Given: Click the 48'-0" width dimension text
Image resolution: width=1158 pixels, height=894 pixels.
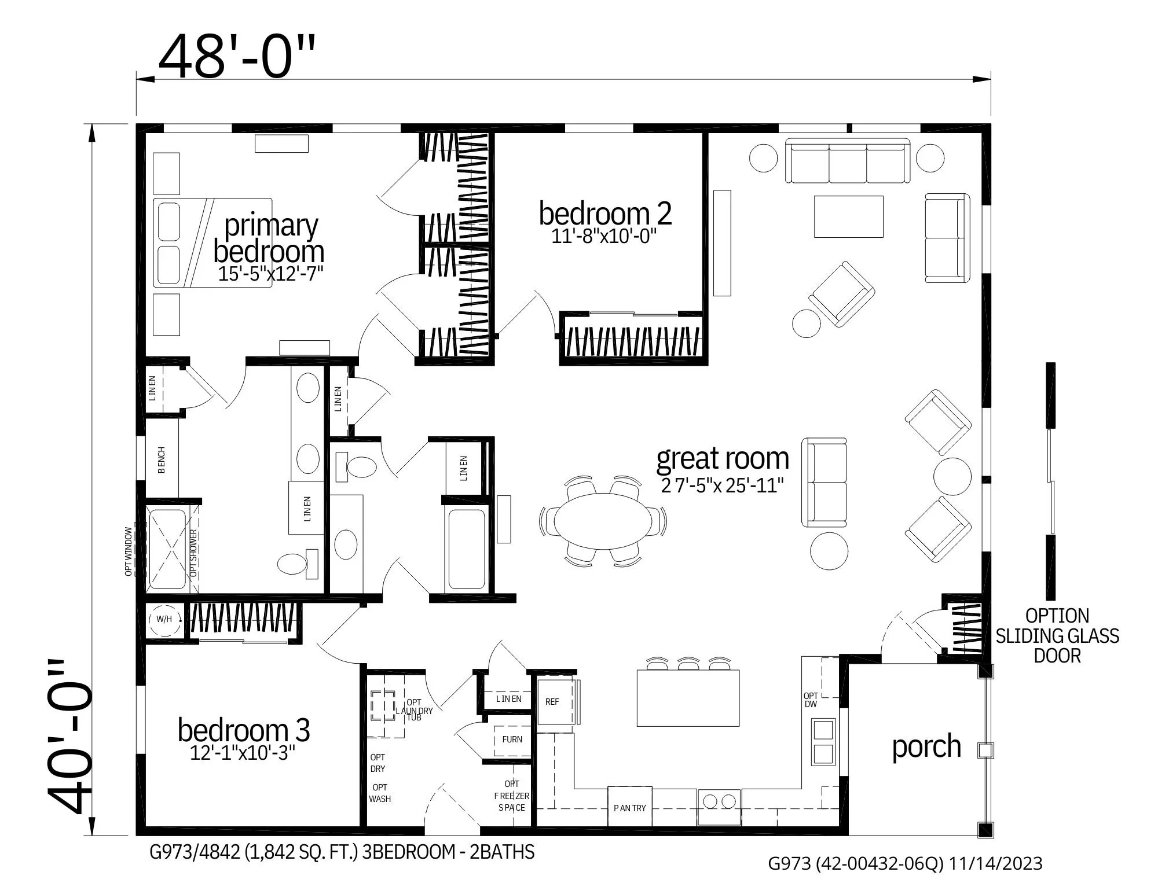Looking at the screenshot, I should click(x=237, y=56).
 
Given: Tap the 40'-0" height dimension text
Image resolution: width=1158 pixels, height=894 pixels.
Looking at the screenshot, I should click(x=71, y=738).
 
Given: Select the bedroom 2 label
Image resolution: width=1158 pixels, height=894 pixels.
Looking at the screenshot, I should click(x=605, y=214).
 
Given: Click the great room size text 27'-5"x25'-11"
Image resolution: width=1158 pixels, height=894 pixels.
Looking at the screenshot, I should click(x=723, y=485).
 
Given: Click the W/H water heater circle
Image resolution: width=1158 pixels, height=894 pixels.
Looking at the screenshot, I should click(x=164, y=619).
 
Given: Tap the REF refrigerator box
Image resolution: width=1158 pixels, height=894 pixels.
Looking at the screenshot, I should click(x=553, y=702).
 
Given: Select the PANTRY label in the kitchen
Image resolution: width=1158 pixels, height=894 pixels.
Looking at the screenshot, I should click(x=630, y=808).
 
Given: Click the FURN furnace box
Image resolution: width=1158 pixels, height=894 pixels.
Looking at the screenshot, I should click(x=512, y=740).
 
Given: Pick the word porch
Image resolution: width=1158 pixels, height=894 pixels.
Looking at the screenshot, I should click(x=926, y=746).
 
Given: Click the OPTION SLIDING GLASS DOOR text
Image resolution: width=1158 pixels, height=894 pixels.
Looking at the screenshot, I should click(x=1057, y=635).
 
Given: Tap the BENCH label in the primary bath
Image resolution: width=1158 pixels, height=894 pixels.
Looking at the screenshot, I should click(x=162, y=460).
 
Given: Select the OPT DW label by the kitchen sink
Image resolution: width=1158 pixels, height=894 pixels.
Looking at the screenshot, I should click(x=811, y=700).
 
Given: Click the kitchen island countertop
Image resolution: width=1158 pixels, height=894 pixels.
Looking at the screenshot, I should click(x=688, y=698).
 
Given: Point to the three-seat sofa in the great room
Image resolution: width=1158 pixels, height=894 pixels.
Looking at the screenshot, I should click(x=848, y=161).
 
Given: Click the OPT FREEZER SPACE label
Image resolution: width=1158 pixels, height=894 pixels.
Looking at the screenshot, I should click(x=511, y=796).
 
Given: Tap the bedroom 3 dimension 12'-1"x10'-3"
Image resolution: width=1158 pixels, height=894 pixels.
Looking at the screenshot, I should click(x=243, y=753).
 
